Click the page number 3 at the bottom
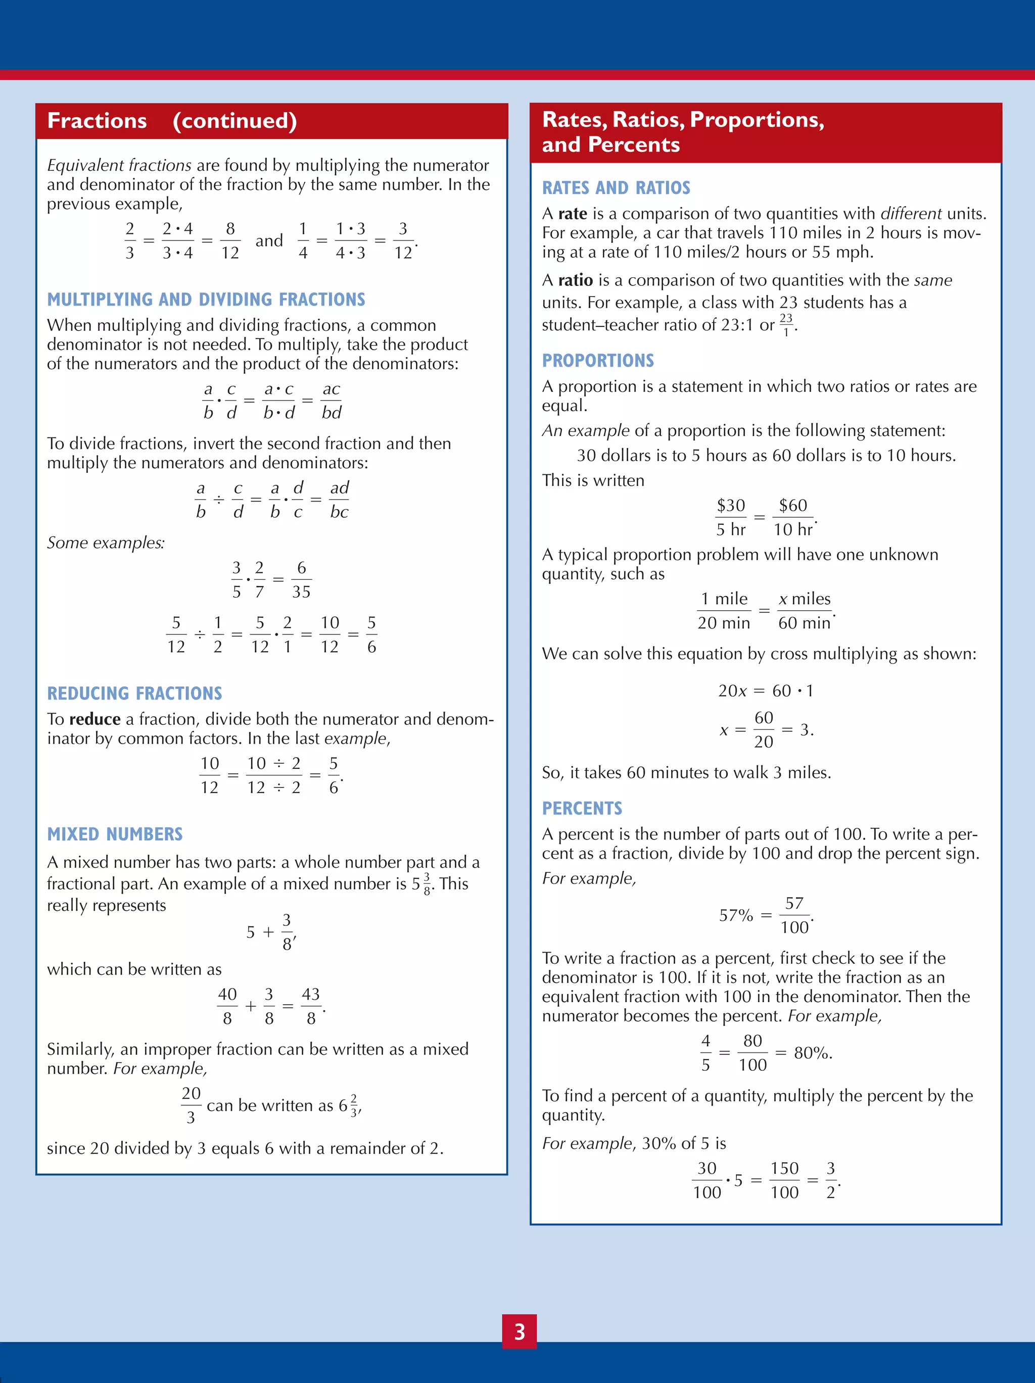pyautogui.click(x=519, y=1332)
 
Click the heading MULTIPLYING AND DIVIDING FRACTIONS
pyautogui.click(x=206, y=300)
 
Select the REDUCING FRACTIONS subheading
pyautogui.click(x=134, y=694)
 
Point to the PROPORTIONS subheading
pyautogui.click(x=597, y=361)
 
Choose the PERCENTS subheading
pyautogui.click(x=582, y=808)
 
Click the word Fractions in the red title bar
pyautogui.click(x=97, y=121)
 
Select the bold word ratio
pyautogui.click(x=575, y=280)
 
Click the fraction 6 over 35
pyautogui.click(x=301, y=579)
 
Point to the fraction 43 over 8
pyautogui.click(x=311, y=1006)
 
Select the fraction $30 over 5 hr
pyautogui.click(x=730, y=517)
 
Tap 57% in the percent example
pyautogui.click(x=735, y=915)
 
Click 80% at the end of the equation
pyautogui.click(x=812, y=1053)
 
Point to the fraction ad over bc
pyautogui.click(x=339, y=500)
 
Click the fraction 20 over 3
pyautogui.click(x=191, y=1105)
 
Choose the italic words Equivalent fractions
pyautogui.click(x=119, y=165)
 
